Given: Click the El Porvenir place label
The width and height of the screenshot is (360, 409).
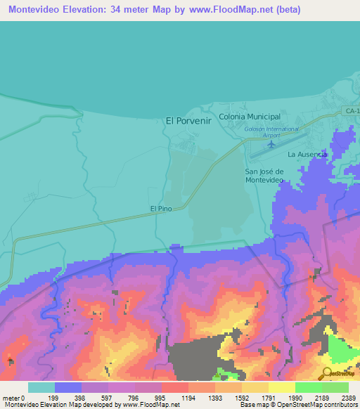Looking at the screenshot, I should tap(188, 120).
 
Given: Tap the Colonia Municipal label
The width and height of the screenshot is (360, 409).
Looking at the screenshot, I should tap(250, 117).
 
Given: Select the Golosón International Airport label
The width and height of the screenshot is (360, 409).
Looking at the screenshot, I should tap(271, 132).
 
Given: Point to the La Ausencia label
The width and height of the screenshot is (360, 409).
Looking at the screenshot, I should tap(307, 154).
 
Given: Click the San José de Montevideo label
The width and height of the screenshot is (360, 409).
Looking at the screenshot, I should tap(264, 176).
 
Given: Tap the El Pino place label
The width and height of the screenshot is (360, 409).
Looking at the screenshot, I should tap(161, 209).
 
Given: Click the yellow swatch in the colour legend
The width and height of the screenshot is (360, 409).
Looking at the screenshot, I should tap(281, 387).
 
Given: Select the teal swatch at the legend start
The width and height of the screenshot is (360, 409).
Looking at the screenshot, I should tap(41, 387).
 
